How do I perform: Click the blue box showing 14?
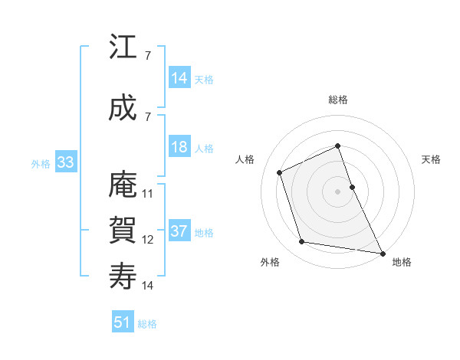pos(179,78)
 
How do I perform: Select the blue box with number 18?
pos(179,147)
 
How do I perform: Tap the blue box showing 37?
pos(179,231)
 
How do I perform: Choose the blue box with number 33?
pos(65,162)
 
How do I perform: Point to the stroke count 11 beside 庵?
pos(148,194)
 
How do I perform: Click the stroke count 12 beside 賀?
pos(148,240)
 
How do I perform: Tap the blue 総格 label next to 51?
pos(147,324)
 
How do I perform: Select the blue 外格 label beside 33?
pos(41,163)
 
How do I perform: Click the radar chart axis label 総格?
pos(338,100)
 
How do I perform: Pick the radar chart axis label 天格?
pos(432,159)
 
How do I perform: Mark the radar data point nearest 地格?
pos(382,252)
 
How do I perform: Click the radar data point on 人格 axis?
pos(280,172)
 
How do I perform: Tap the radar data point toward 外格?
pos(302,242)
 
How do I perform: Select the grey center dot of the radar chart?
pos(338,191)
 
